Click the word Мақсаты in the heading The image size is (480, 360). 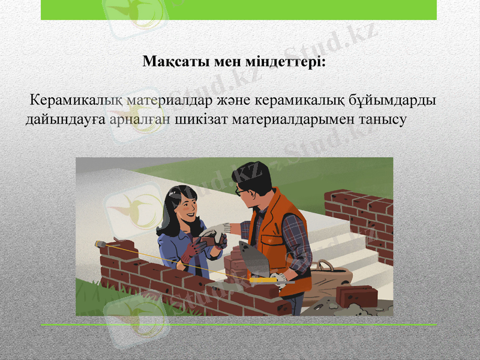172,62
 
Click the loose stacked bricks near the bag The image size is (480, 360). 356,295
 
